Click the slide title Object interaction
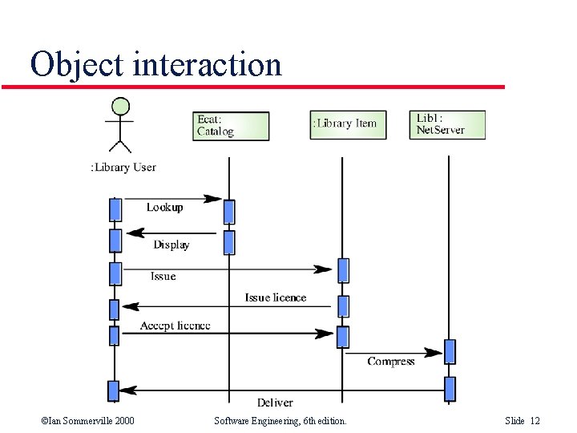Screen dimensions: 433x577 pos(155,64)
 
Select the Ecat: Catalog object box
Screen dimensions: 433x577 pos(232,126)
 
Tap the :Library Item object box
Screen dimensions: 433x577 pos(348,124)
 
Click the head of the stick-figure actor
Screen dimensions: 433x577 pos(120,106)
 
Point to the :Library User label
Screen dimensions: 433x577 pos(123,167)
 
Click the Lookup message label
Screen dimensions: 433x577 pos(164,208)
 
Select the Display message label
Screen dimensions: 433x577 pos(171,245)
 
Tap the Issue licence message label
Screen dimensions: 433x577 pos(276,297)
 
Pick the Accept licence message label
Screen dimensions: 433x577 pos(175,326)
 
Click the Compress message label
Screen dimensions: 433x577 pos(391,362)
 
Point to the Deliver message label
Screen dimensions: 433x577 pos(275,403)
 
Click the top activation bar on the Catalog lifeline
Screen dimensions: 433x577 pos(229,211)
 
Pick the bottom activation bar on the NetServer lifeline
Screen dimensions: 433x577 pos(450,389)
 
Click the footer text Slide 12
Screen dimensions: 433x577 pos(523,421)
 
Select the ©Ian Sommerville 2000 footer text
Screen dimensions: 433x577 pos(87,421)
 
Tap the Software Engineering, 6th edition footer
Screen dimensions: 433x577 pos(280,421)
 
